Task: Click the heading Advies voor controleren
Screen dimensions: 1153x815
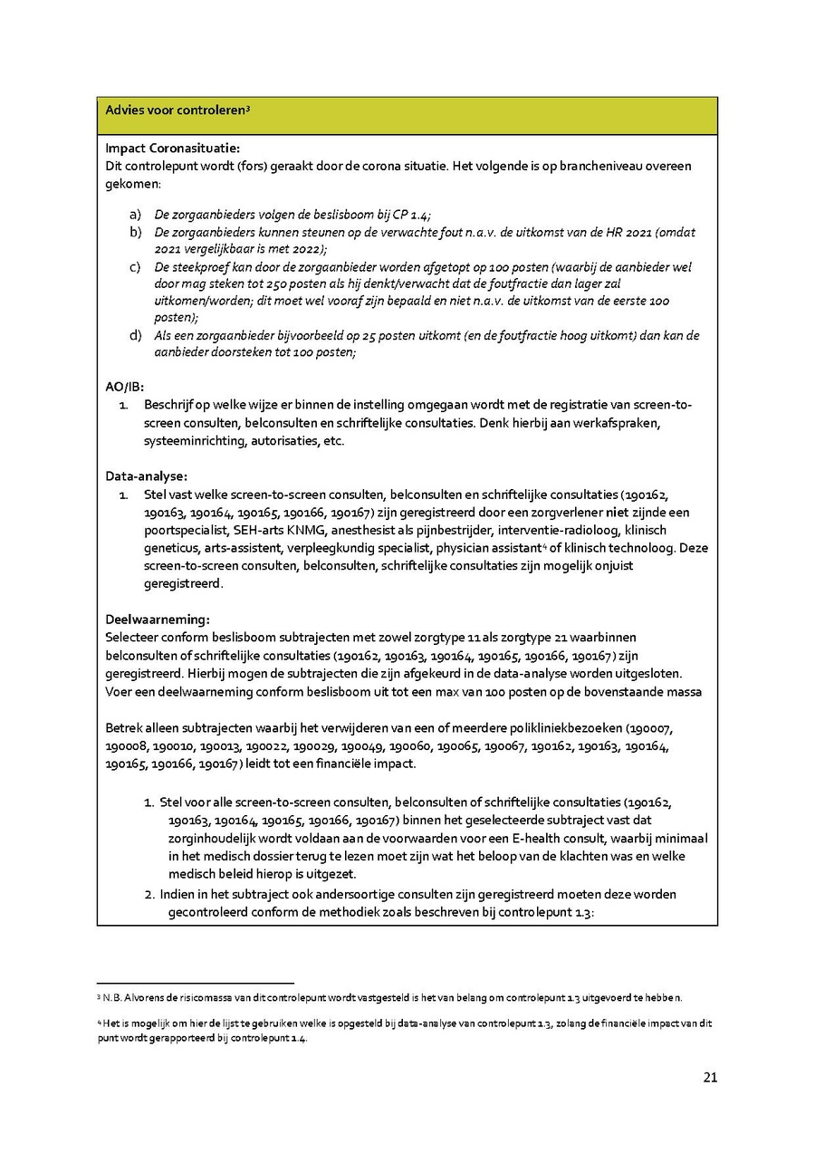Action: [176, 110]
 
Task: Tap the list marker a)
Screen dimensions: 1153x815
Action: [136, 215]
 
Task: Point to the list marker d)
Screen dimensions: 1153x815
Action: [136, 336]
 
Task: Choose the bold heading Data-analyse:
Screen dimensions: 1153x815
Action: [146, 476]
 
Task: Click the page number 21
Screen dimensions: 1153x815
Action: [710, 1078]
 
